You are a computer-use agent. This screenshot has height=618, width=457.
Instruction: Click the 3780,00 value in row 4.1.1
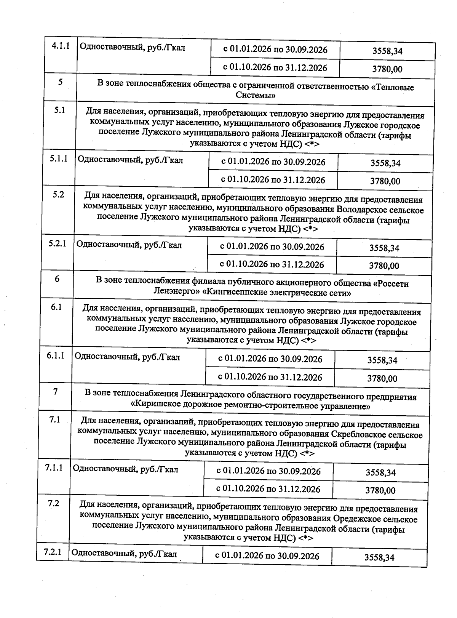pos(387,69)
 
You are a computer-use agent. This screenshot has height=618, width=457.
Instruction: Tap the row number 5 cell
pos(60,82)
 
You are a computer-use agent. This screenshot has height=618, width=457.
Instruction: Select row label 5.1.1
pos(58,159)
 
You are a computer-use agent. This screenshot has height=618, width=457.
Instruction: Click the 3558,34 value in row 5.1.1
pos(385,163)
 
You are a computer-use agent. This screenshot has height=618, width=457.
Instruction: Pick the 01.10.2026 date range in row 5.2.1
pos(272,264)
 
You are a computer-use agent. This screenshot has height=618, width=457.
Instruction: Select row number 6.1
pos(56,307)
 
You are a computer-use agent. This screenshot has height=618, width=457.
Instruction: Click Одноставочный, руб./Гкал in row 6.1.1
pos(127,357)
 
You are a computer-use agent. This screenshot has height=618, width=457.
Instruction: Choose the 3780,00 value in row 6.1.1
pos(382,378)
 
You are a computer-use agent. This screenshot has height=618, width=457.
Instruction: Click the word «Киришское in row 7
pos(156,406)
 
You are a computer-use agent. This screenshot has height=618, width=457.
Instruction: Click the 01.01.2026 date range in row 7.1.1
pos(268,471)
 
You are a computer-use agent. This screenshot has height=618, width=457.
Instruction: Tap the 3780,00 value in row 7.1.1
pos(380,490)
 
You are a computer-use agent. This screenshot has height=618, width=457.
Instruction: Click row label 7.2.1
pos(53,552)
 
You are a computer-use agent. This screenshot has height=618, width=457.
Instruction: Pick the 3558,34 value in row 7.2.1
pos(379,557)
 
